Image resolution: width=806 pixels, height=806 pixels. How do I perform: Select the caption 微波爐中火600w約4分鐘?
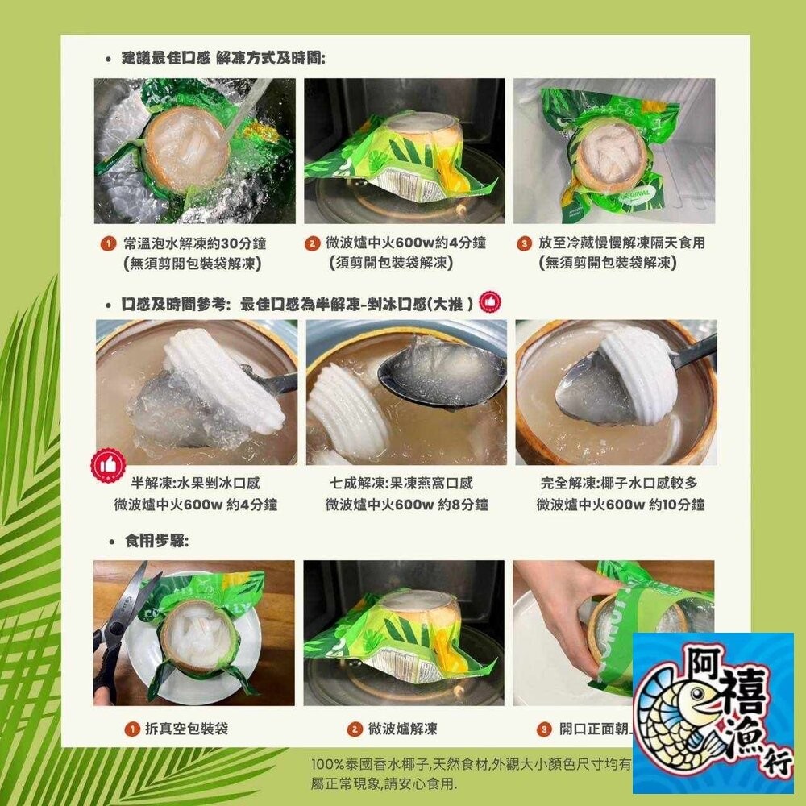coord(395,243)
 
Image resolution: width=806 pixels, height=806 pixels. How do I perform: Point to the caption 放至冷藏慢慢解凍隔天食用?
coord(612,243)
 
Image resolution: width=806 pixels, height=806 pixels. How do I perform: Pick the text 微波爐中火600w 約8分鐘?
coord(406,505)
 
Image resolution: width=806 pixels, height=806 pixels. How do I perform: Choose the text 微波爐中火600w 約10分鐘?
coord(621,505)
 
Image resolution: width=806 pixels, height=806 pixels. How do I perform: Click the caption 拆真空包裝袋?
coord(185,729)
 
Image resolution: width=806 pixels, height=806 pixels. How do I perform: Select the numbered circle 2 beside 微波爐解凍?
coord(355,729)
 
